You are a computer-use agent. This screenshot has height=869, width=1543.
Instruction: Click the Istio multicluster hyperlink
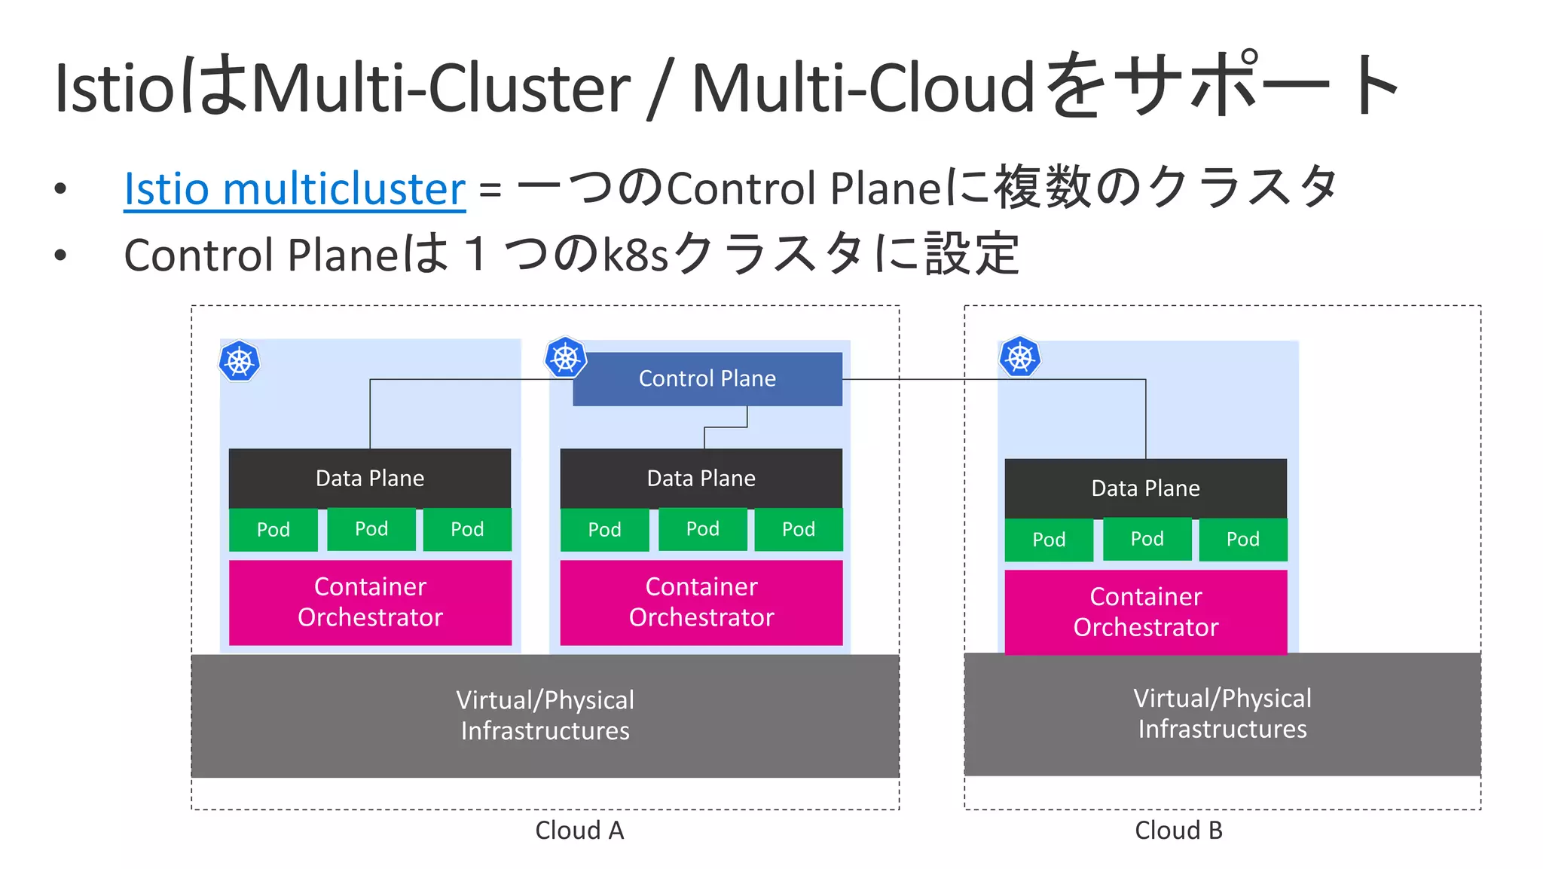[x=295, y=188]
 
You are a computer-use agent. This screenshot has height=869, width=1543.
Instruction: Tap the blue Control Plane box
[x=707, y=379]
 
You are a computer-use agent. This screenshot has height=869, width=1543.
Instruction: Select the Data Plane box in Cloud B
[x=1145, y=488]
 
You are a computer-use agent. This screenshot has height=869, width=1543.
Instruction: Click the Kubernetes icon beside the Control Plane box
[x=565, y=358]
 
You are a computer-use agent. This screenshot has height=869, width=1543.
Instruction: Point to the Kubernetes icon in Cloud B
[x=1019, y=357]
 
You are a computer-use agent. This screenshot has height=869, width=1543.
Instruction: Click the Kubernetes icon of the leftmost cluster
[x=240, y=362]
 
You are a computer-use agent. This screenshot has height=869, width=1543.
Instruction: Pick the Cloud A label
[x=579, y=831]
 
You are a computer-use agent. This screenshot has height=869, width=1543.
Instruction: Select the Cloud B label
[x=1178, y=831]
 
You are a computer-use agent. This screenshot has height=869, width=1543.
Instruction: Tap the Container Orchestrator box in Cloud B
[x=1145, y=612]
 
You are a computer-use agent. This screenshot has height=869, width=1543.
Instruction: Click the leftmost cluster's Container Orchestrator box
[x=370, y=602]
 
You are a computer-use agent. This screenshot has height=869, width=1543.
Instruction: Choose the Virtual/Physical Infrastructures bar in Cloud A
[x=545, y=715]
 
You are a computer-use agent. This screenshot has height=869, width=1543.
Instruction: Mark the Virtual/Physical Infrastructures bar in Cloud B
[x=1222, y=714]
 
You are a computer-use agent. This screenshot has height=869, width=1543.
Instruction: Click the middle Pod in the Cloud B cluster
[x=1147, y=539]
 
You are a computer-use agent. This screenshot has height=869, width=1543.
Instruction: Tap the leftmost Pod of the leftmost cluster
[x=273, y=530]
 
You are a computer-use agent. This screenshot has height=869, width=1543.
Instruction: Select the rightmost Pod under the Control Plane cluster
[x=798, y=530]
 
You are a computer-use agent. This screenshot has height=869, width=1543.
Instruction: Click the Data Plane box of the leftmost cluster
[x=370, y=479]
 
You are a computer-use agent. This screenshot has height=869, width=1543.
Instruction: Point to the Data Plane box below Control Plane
[x=701, y=479]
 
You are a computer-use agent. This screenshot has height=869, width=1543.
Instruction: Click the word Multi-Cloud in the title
[x=863, y=88]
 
